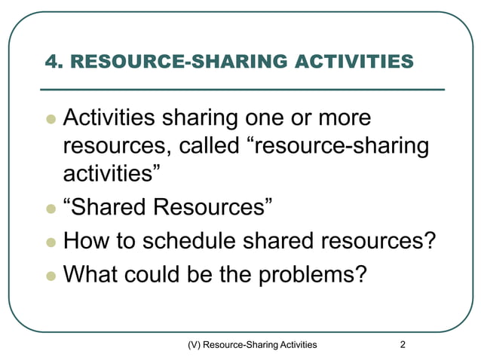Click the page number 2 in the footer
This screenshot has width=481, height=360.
(403, 345)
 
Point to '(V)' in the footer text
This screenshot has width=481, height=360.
(195, 345)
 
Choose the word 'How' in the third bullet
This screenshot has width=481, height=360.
(84, 242)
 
